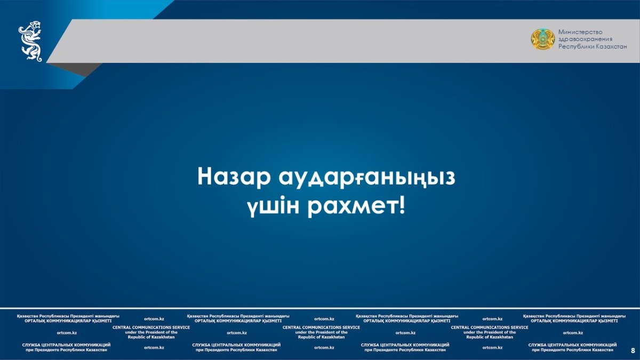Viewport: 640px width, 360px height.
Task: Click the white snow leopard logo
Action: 30,41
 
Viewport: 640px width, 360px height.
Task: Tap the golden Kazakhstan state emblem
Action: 543,39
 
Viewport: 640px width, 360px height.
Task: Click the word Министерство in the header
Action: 580,32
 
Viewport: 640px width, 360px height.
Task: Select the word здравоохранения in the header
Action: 586,39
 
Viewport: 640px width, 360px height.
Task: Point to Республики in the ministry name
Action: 575,46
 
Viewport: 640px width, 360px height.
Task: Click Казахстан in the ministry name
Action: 611,46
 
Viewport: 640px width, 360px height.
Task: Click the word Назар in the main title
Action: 234,177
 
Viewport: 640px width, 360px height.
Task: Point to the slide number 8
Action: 633,350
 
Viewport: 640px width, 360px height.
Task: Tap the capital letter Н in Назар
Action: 206,177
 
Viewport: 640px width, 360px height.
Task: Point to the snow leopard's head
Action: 35,25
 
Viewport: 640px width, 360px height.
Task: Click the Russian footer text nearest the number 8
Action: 572,347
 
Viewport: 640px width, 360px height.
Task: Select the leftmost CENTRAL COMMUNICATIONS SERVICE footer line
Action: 151,327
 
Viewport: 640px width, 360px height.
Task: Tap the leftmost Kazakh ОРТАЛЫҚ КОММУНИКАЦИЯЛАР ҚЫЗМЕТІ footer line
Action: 68,321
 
